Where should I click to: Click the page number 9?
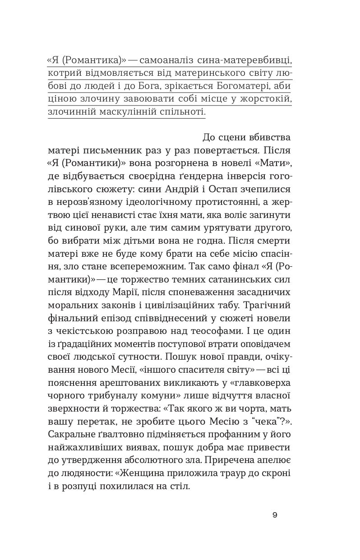(275, 515)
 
